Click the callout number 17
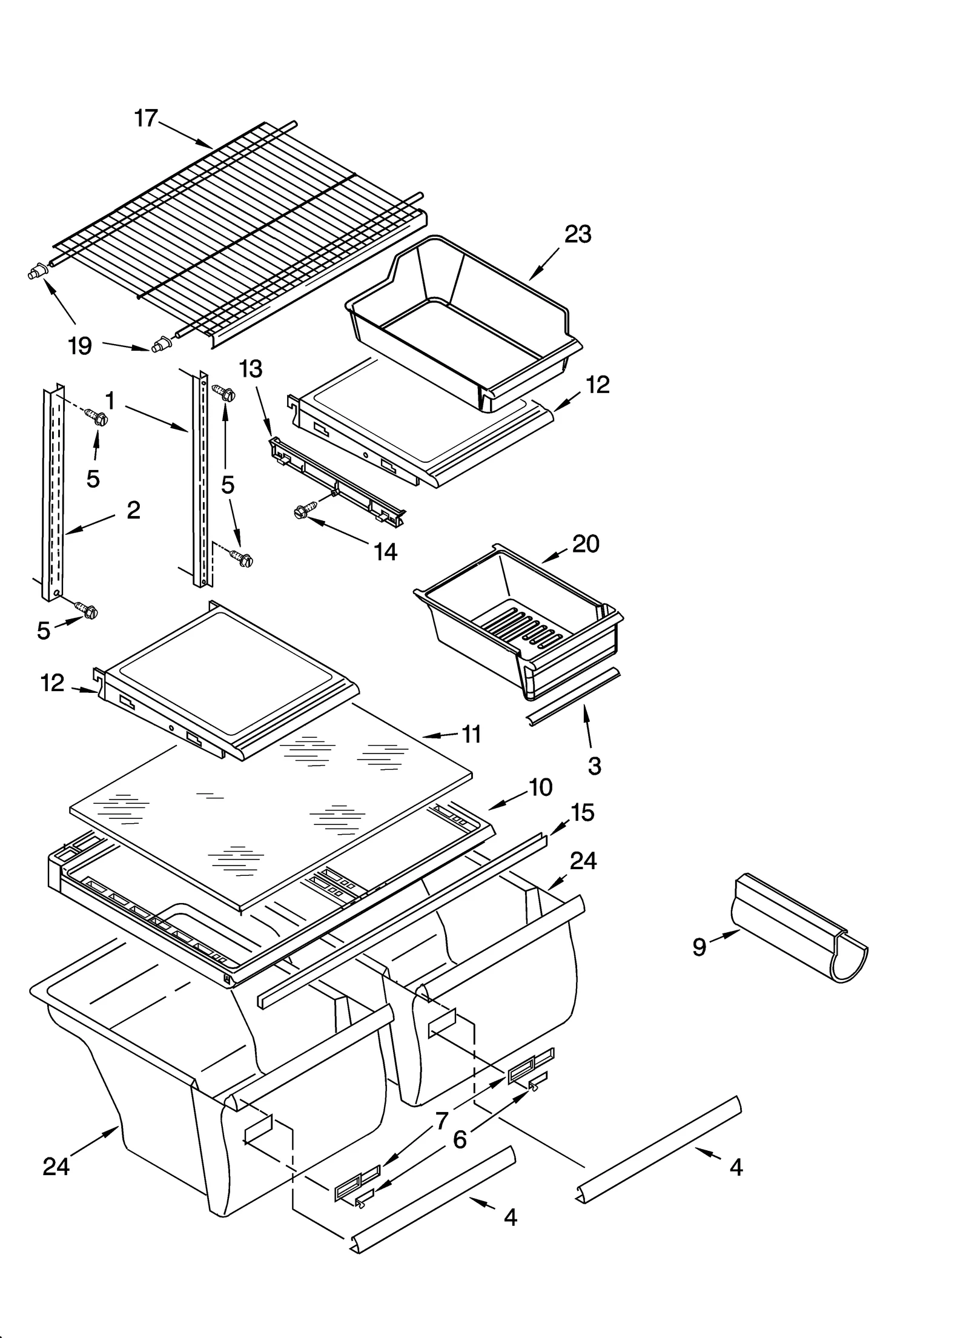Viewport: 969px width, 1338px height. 146,118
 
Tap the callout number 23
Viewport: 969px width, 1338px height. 578,234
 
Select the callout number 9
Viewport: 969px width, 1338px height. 699,947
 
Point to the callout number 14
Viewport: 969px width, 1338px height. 385,552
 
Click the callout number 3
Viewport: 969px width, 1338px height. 594,766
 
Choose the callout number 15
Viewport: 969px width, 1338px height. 583,813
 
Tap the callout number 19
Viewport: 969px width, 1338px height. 80,346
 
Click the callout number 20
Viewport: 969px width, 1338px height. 586,544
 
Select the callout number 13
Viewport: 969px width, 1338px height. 251,368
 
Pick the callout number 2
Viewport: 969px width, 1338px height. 133,510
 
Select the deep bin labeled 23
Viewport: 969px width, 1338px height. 460,315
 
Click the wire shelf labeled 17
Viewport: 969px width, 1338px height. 236,236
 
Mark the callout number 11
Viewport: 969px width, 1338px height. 471,734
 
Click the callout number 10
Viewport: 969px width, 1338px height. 540,787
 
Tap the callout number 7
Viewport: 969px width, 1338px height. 442,1121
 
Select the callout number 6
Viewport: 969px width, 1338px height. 460,1140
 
